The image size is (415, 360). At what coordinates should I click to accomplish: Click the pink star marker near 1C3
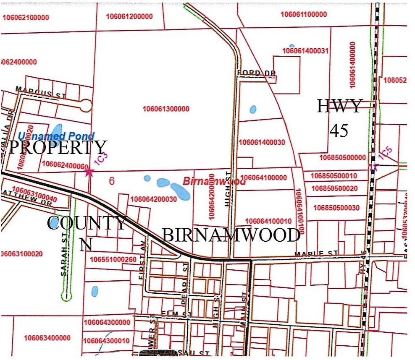point(89,172)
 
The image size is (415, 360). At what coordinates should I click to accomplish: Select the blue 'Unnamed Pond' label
point(56,136)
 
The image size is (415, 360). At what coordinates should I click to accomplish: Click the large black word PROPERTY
point(58,148)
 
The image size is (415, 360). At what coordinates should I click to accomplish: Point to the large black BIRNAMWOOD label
point(231,236)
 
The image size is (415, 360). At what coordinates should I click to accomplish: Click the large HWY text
point(339,106)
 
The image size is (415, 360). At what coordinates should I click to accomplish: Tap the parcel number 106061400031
point(305,51)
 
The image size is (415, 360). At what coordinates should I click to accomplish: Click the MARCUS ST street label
point(40,92)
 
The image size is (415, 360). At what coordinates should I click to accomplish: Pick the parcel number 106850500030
point(336,208)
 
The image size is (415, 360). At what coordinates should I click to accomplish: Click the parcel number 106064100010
point(268,221)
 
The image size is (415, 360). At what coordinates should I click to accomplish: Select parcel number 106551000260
point(113,260)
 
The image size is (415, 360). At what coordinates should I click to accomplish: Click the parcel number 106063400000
point(47,338)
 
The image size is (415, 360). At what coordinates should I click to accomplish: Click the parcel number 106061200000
point(129,16)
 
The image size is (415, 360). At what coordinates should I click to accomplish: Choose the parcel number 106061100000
point(303,14)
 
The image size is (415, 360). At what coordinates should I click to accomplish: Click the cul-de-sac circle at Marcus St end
point(86,105)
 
